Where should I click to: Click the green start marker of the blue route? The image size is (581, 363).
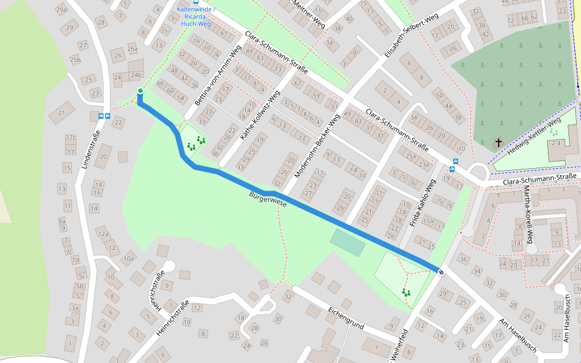tap(140, 91)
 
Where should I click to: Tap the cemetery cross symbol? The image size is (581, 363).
tap(499, 143)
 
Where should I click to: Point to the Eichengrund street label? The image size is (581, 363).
tap(346, 318)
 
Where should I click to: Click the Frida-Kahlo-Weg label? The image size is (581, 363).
tap(423, 203)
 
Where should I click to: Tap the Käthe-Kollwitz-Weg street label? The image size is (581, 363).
tap(260, 117)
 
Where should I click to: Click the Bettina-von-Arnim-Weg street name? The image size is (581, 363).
tap(216, 74)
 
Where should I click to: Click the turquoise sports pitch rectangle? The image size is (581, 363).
tap(347, 243)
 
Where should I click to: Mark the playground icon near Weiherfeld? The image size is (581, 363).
tap(406, 292)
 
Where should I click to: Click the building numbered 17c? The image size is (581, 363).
tap(71, 137)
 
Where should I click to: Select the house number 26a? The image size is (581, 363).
tap(132, 49)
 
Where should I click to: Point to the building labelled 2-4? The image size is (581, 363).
tap(555, 143)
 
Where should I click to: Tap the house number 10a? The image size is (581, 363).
tap(128, 259)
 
